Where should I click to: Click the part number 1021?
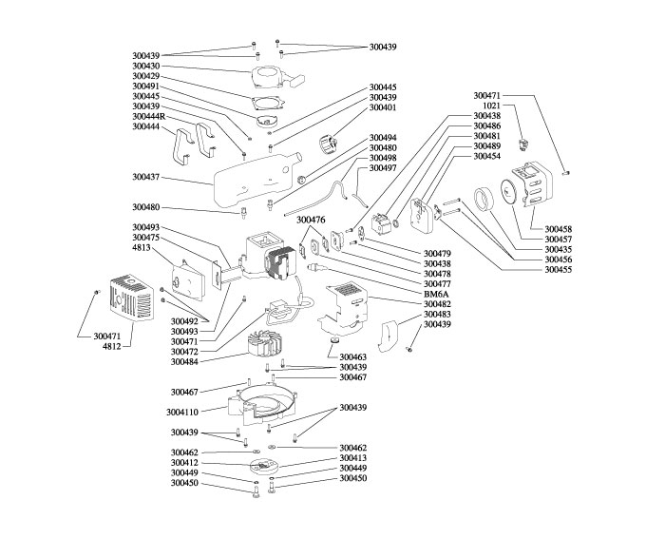(x=492, y=106)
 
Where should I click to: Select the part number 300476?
(x=311, y=220)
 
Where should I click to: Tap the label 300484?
(x=184, y=361)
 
